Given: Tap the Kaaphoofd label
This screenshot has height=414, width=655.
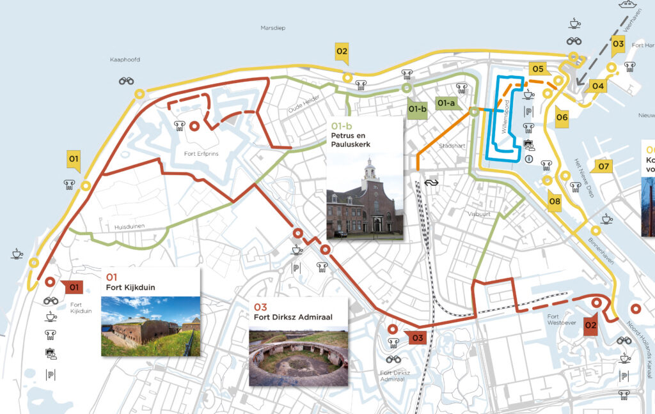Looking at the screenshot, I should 125,59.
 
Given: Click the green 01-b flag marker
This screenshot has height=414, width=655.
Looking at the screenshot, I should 417,109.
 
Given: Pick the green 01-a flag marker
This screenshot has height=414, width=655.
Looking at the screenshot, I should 446,102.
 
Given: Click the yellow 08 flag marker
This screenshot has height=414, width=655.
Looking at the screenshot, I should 555,203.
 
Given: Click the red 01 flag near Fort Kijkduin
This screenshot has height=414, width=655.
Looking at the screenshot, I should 73,287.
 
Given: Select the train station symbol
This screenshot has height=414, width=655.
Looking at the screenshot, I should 433,181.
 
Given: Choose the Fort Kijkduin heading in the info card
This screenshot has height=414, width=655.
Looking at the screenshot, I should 130,287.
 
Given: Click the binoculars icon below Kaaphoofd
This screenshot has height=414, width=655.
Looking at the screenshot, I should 127,80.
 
